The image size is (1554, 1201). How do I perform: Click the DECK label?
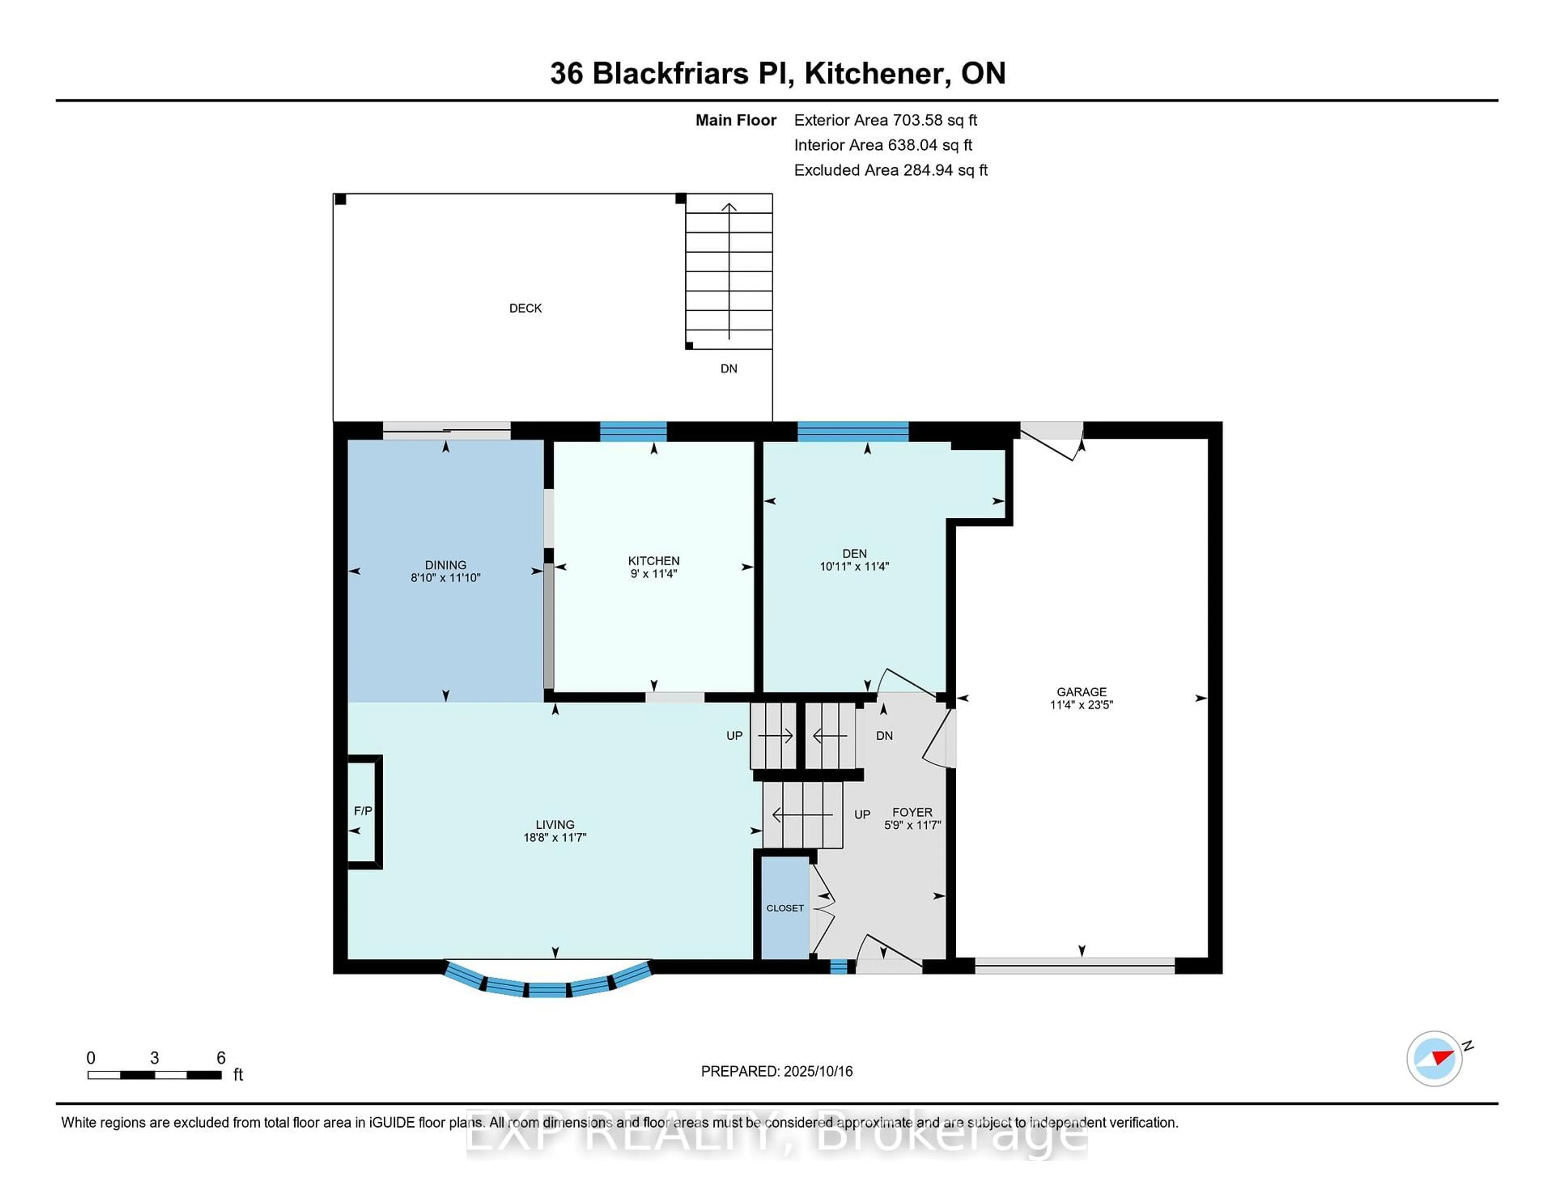pos(525,308)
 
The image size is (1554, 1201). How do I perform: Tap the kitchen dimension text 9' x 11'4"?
pos(653,573)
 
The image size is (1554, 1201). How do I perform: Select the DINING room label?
pos(446,565)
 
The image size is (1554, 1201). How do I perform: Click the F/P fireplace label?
pos(363,811)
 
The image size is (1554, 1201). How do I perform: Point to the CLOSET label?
pos(785,908)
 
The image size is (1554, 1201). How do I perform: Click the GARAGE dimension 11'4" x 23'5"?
pos(1081,704)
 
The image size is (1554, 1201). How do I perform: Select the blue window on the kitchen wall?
pos(633,431)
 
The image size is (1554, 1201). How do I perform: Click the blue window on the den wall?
pos(852,431)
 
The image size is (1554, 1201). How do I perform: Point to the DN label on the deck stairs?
pos(728,369)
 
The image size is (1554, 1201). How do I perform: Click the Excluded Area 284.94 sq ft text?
pos(890,170)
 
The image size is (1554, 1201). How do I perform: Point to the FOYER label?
pos(912,812)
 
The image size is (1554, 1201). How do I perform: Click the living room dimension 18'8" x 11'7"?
pos(554,838)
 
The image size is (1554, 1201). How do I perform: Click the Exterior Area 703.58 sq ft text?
pos(885,120)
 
